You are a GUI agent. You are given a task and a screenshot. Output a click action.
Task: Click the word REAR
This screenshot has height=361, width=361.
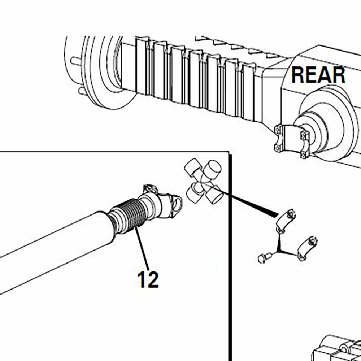pos(318,75)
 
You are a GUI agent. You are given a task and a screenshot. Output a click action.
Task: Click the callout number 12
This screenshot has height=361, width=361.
pos(148,279)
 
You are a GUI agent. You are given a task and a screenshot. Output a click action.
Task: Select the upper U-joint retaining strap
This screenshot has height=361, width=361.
pos(286,221)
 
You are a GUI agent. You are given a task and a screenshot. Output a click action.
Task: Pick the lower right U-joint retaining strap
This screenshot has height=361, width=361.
pos(307,248)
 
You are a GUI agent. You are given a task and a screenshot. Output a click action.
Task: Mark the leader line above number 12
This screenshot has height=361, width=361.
pos(142,248)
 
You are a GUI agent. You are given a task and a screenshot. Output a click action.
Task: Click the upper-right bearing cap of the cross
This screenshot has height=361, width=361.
pos(213,167)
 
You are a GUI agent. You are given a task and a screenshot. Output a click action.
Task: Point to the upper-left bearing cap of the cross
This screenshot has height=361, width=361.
pos(193,167)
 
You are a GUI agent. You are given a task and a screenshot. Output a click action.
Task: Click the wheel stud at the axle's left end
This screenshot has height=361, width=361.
pos(76,61)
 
